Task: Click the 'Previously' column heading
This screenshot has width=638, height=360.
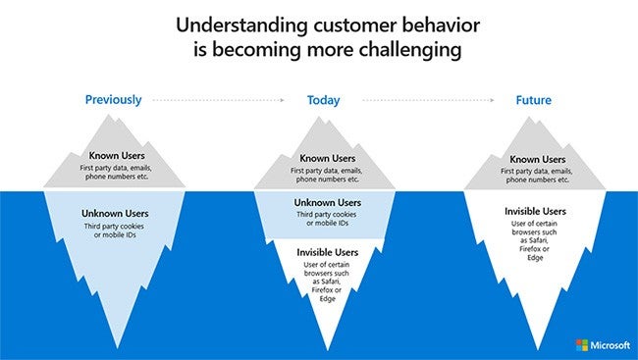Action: pos(113,99)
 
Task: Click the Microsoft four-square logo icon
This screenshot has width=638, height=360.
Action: pos(582,345)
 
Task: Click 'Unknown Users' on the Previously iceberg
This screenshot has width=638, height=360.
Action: pos(113,212)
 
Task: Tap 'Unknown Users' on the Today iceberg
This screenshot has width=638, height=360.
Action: pos(328,203)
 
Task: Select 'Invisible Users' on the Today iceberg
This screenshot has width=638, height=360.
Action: pos(328,252)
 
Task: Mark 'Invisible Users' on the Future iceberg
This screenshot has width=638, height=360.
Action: pos(535,211)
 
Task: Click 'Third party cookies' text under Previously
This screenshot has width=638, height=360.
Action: pos(113,226)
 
